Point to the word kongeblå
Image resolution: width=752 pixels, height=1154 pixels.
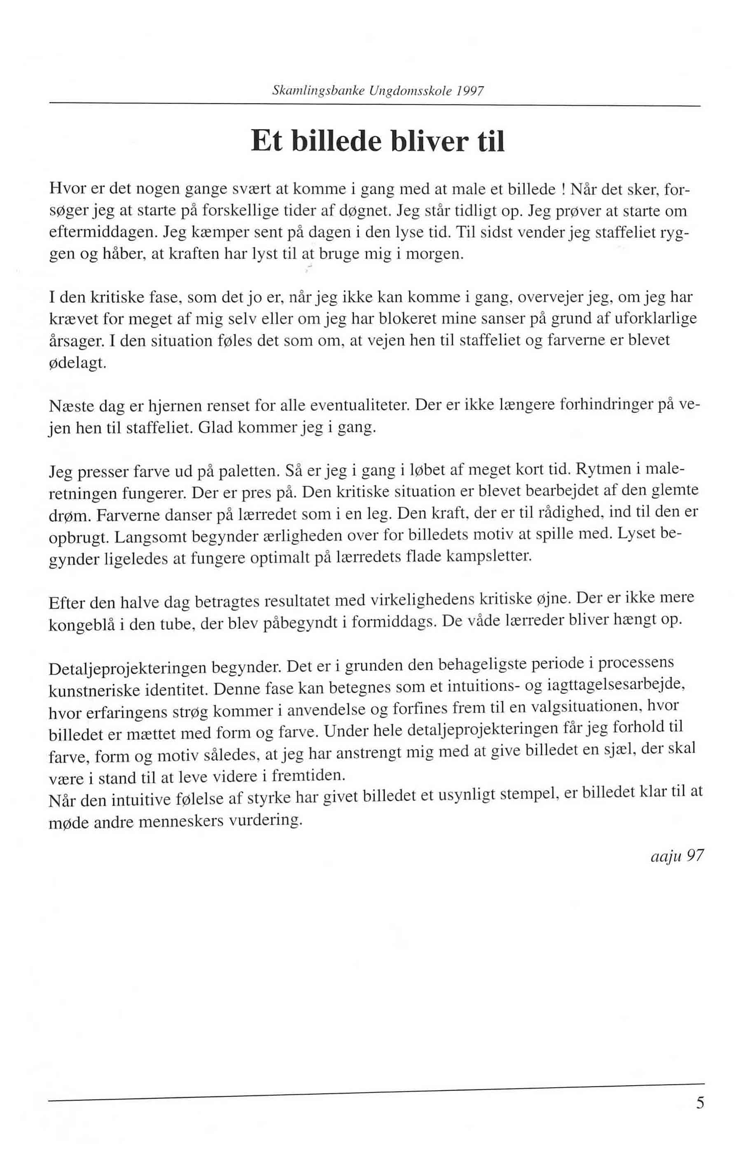(80, 625)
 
